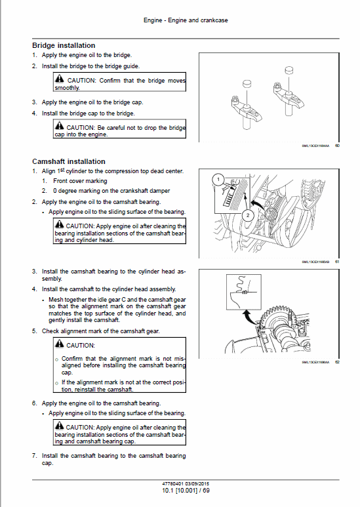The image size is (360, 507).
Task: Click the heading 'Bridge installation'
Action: tap(64, 45)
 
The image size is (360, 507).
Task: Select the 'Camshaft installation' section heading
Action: tap(68, 161)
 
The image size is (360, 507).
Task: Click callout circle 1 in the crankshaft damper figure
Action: tap(221, 178)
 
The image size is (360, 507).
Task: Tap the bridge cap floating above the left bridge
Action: tap(247, 84)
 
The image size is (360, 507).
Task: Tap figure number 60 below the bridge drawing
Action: tap(336, 146)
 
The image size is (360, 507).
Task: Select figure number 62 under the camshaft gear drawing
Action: tap(336, 362)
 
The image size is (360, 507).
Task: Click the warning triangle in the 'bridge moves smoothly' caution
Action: tap(60, 80)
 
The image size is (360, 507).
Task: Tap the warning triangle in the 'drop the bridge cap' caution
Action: tap(60, 127)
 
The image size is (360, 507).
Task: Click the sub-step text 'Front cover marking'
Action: tap(80, 180)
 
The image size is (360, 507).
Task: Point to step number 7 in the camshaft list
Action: tap(34, 455)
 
